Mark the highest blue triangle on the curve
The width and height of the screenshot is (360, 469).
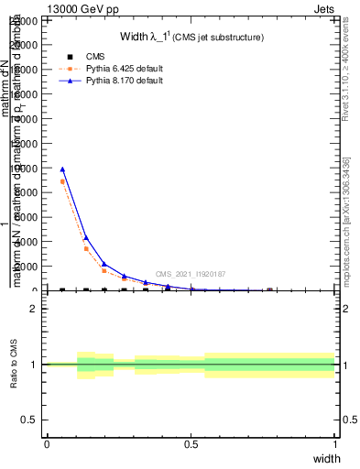(62, 169)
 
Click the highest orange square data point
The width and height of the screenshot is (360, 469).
(62, 181)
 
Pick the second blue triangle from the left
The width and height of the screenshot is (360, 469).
(86, 238)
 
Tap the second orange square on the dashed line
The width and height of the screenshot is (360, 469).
(86, 248)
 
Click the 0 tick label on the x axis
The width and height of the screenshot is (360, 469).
(47, 444)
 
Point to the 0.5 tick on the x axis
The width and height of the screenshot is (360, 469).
(191, 444)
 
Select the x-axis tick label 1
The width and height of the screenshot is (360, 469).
(335, 444)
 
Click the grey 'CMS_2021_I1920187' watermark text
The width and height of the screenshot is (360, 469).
(191, 274)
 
